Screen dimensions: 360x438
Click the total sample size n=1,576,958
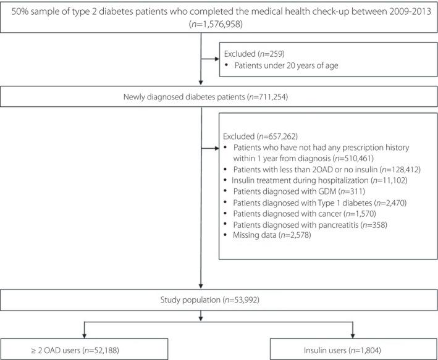[219, 23]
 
